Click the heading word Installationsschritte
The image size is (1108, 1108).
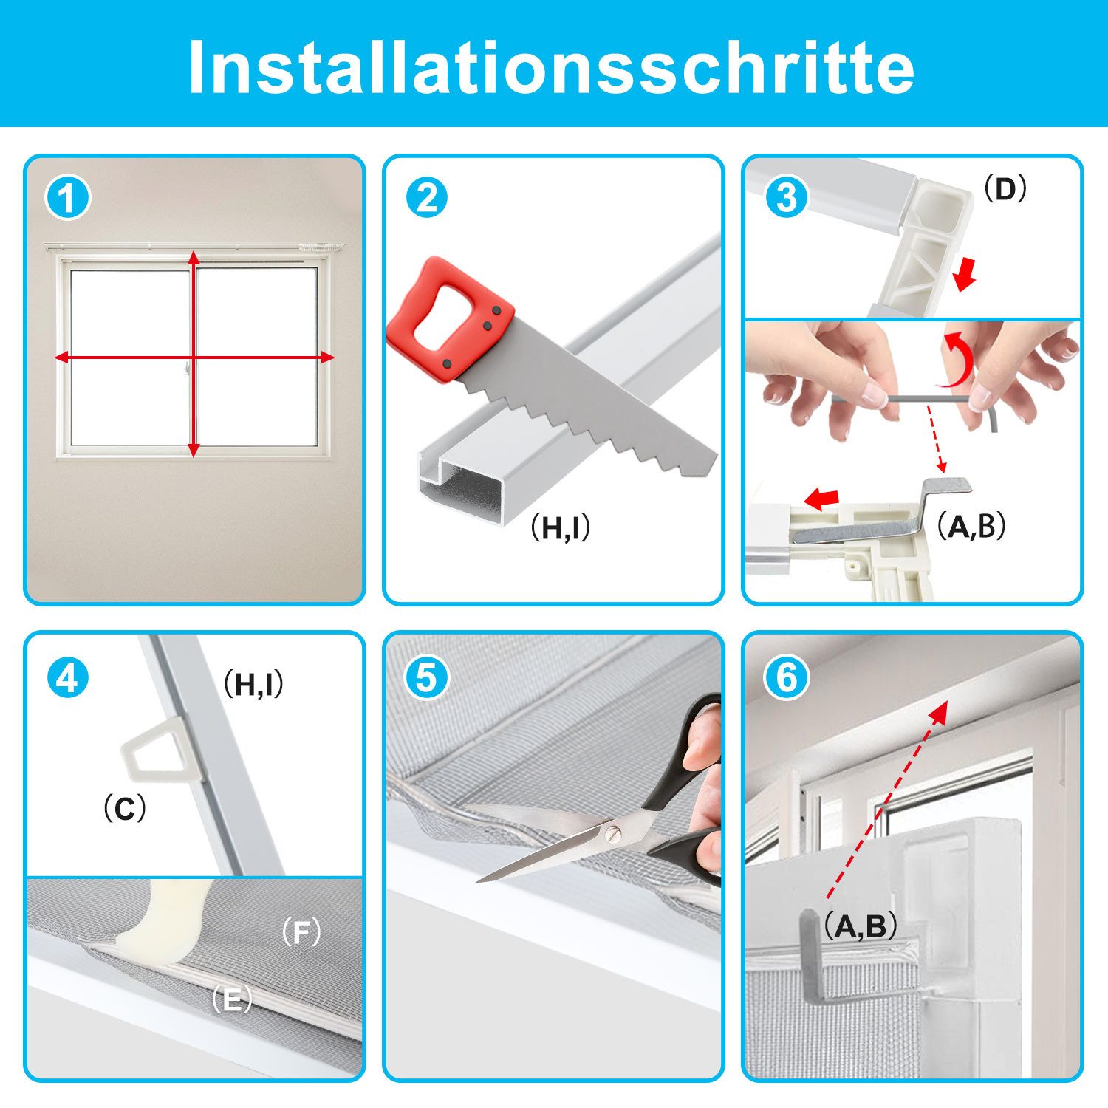coord(551,66)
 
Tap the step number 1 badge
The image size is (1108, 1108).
coord(68,199)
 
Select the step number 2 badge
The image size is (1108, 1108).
coord(427,199)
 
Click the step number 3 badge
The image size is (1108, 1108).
coord(786,199)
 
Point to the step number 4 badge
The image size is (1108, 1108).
coord(68,677)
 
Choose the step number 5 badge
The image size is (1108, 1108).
coord(427,677)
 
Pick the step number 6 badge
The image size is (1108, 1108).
coord(786,677)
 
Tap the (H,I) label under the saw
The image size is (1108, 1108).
coord(561,527)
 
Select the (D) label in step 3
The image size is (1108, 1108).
coord(1005,190)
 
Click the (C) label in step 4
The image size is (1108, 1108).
coord(125,810)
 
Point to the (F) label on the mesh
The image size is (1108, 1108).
coord(301,934)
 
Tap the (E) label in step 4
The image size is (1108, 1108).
coord(232,1002)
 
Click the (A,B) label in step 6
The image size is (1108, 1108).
coord(861,926)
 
